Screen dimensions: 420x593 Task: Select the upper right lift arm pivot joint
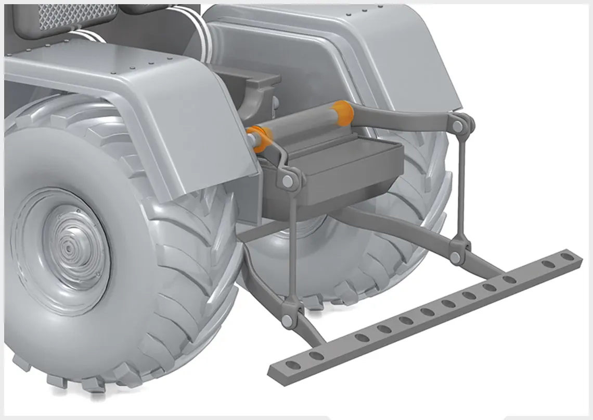458,126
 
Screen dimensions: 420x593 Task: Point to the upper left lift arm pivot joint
288,181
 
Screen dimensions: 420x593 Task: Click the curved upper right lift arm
401,116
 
